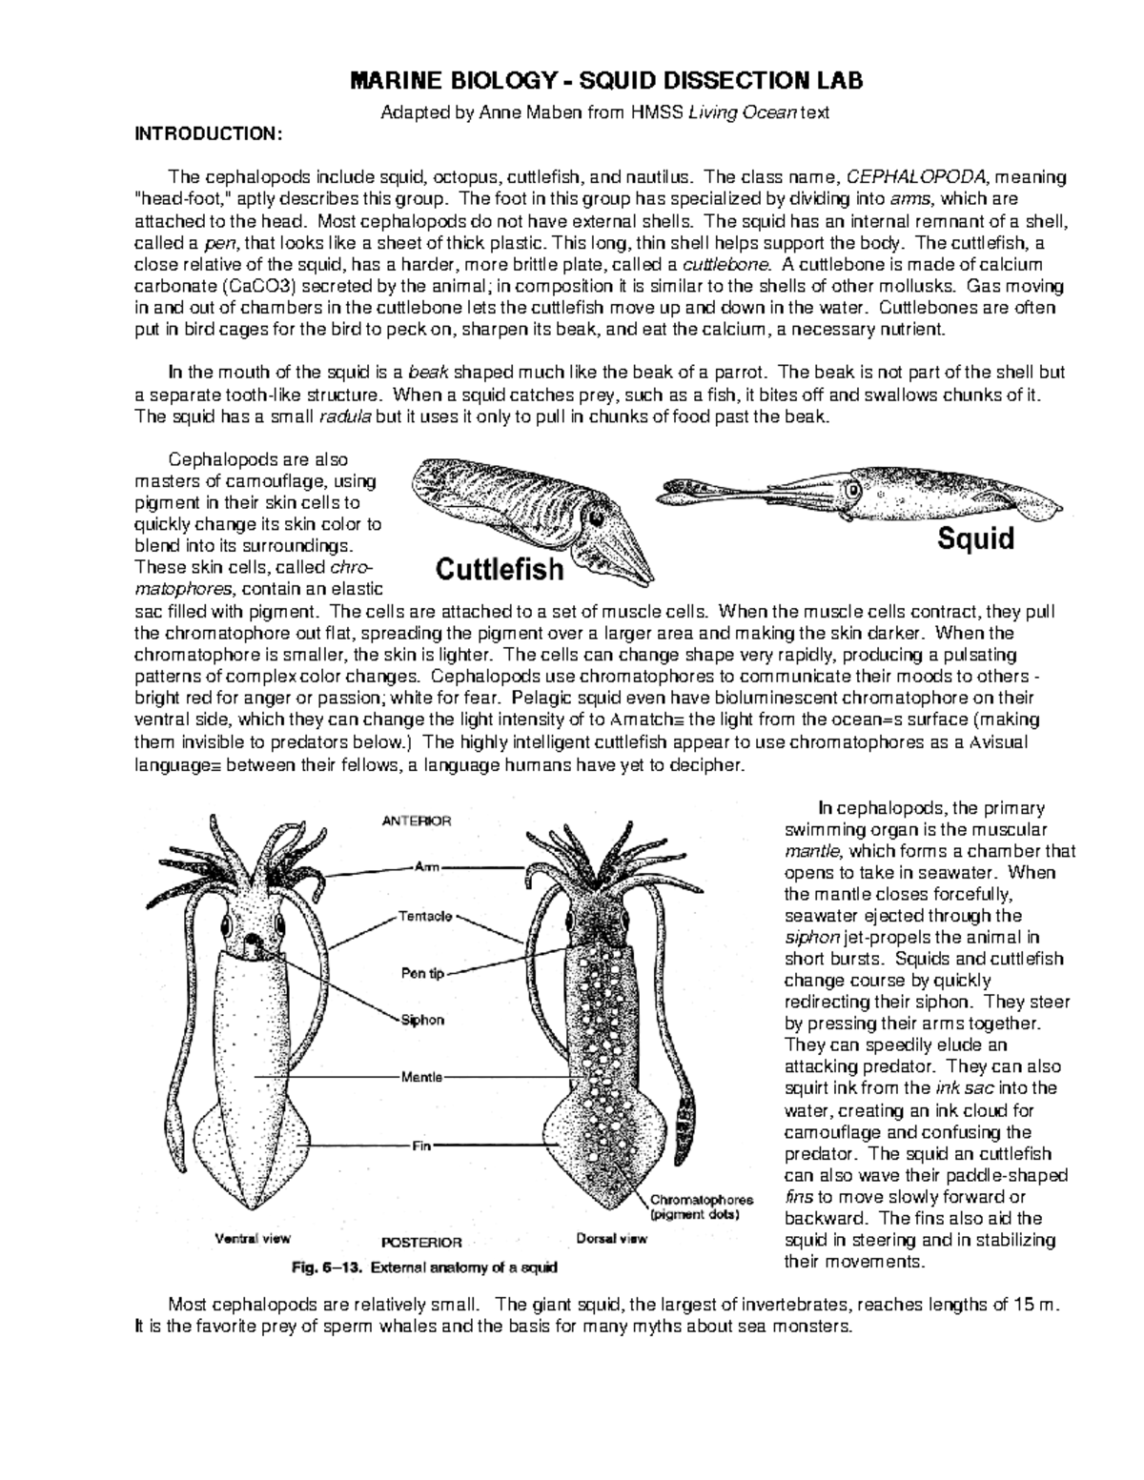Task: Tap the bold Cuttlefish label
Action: pos(500,570)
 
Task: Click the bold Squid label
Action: pos(975,538)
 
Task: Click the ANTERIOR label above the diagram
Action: pos(417,820)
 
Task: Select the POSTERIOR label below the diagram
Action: pos(421,1243)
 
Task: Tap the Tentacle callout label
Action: pos(424,917)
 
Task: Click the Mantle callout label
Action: pos(420,1077)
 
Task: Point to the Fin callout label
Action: pos(420,1146)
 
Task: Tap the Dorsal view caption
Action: pos(612,1239)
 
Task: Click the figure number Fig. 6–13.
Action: pos(326,1268)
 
